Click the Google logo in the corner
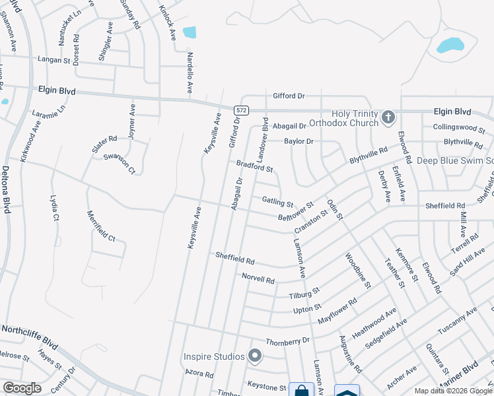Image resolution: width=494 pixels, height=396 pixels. [22, 388]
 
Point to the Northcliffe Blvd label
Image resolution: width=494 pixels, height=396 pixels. [30, 329]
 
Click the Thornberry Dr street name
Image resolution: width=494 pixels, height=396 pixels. [288, 341]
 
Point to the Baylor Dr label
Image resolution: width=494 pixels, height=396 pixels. [299, 141]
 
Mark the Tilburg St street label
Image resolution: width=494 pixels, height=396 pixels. [304, 292]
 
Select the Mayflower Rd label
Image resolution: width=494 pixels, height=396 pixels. [337, 310]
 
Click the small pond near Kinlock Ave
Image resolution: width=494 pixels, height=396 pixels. [190, 32]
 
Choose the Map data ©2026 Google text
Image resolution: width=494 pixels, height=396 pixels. [452, 390]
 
